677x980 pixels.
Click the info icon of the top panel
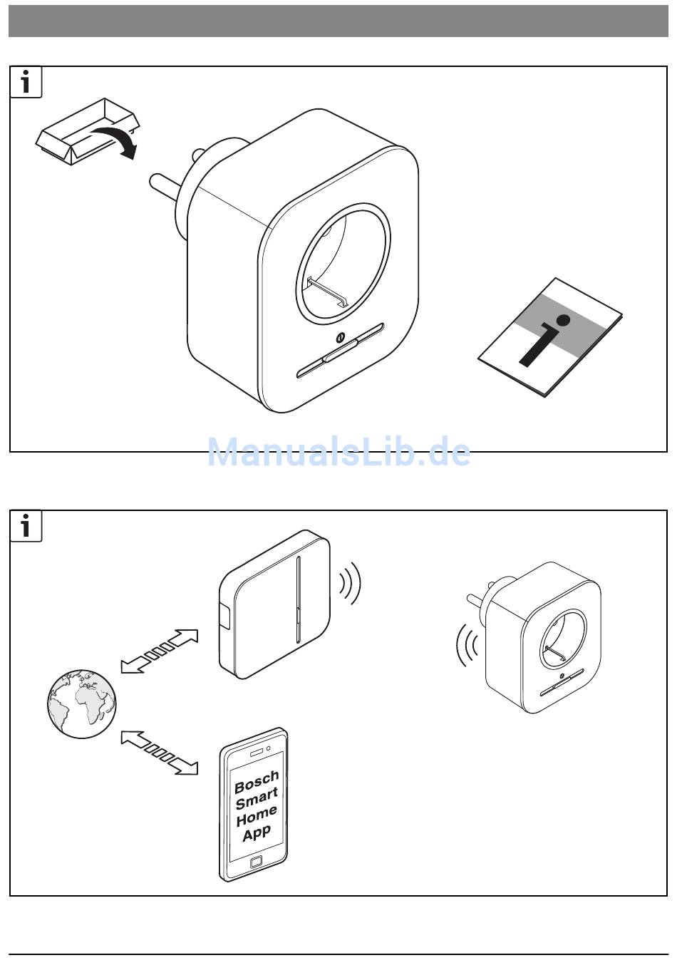(x=26, y=83)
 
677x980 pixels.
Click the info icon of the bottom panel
(x=26, y=527)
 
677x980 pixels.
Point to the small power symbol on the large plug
(x=340, y=338)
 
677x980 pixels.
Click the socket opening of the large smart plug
(x=343, y=264)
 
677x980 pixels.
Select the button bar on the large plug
(x=340, y=351)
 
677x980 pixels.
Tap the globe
(x=81, y=703)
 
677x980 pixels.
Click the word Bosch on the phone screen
(x=257, y=782)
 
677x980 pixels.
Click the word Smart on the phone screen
(x=257, y=798)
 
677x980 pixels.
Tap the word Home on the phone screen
(x=257, y=815)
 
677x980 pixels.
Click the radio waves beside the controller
(x=351, y=584)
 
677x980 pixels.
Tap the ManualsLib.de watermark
(x=338, y=452)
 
